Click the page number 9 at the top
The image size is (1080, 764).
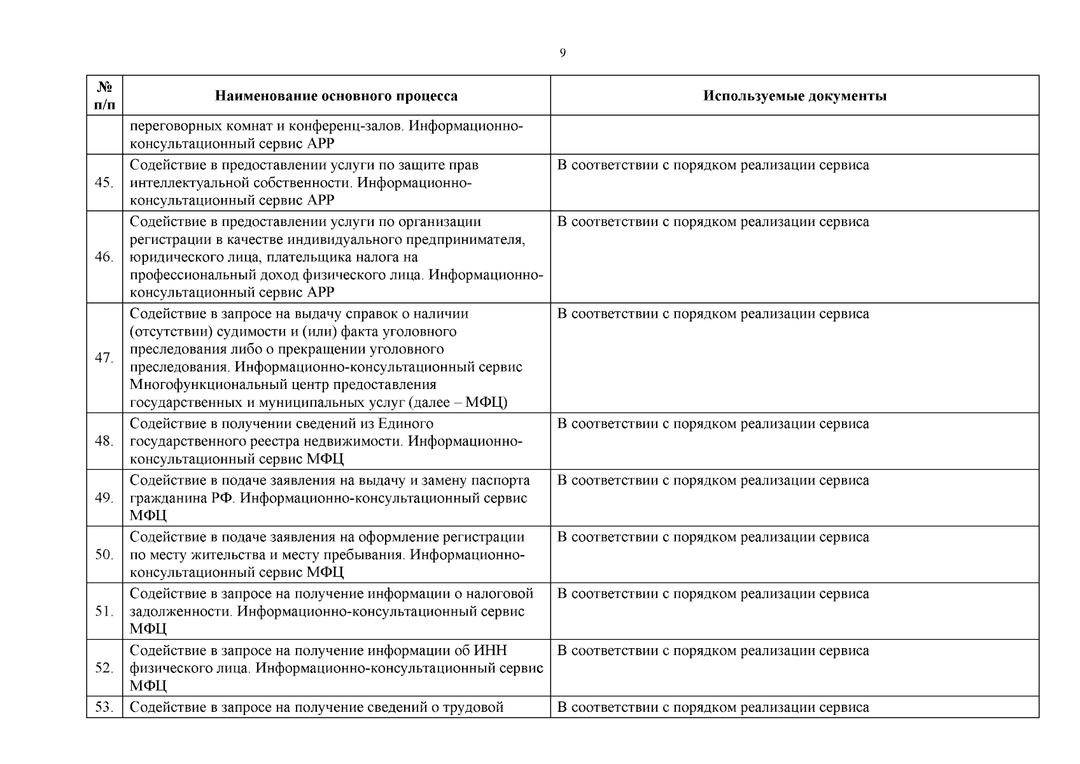(x=562, y=53)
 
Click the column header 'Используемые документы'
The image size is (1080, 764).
(x=794, y=96)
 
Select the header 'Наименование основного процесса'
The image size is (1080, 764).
(x=336, y=96)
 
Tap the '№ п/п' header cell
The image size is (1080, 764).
(x=104, y=95)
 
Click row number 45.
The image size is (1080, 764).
(x=104, y=183)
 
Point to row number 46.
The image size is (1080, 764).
(x=104, y=257)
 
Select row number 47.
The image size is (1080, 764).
(x=104, y=358)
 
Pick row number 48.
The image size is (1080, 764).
(x=104, y=441)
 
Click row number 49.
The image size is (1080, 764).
(x=104, y=498)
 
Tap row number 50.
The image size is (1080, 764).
(x=104, y=555)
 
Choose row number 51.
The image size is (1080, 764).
(x=104, y=611)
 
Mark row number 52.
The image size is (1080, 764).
(x=104, y=668)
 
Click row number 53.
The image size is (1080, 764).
(x=104, y=707)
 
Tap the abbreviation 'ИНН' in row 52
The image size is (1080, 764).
(x=490, y=651)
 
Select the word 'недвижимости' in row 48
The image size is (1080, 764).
(x=358, y=441)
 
